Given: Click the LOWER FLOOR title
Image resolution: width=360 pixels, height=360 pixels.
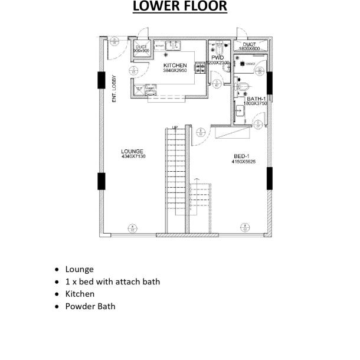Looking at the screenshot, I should pos(179,7).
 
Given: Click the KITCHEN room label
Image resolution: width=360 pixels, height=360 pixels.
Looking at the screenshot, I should pos(175,66).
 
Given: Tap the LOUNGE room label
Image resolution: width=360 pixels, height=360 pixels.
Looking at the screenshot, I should pos(133,152).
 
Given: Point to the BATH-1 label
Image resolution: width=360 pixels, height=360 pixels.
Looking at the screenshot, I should pos(257,99).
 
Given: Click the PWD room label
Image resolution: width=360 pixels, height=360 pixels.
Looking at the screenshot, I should pos(218,58).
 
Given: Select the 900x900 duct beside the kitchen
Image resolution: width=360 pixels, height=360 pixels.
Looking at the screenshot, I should pos(141,49).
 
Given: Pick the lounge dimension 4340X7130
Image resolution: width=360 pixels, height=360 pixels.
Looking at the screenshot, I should pos(133,157).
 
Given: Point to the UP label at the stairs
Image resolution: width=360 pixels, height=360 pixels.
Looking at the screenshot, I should pos(175,127).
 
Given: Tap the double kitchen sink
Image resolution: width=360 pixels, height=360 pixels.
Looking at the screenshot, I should pos(173,45).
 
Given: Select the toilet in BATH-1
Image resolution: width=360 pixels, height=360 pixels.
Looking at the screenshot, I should pos(240,87).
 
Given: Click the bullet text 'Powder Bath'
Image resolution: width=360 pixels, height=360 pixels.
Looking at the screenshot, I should pos(90,306).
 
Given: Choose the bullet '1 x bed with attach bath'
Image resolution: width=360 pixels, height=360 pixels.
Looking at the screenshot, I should pos(112,282).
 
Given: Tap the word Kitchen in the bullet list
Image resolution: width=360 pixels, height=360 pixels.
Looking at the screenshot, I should pos(80,294).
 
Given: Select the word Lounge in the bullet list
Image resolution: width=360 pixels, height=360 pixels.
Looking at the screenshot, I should pos(79,269).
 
